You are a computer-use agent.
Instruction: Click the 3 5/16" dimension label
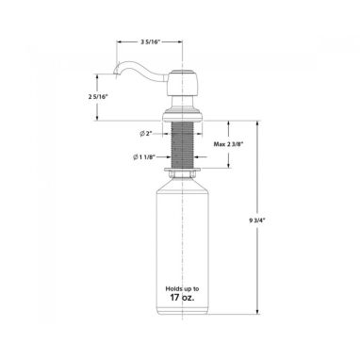point(150,42)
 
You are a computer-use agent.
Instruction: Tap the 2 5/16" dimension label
point(98,97)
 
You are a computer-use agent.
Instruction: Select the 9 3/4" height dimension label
point(257,221)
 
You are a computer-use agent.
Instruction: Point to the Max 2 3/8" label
point(228,144)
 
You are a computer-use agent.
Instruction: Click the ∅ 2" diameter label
point(146,134)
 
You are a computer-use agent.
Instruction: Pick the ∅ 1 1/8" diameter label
point(144,156)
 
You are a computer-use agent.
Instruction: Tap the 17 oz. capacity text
point(182,297)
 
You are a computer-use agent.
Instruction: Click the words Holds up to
point(182,288)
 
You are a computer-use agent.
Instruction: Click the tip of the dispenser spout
point(115,74)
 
